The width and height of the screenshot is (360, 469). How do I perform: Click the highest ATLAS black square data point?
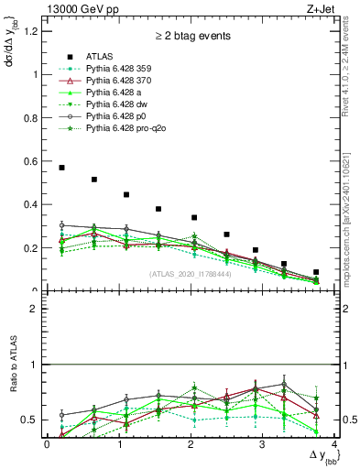(x=61, y=168)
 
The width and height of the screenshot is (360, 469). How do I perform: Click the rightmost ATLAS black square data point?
(x=316, y=272)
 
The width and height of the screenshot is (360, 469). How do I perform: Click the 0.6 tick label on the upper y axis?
(x=32, y=161)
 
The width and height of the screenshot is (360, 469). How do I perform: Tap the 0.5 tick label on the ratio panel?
(x=32, y=420)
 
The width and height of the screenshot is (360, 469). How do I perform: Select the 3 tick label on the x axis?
(x=262, y=444)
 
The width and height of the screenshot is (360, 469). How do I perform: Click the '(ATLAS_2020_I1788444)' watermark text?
(x=190, y=274)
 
